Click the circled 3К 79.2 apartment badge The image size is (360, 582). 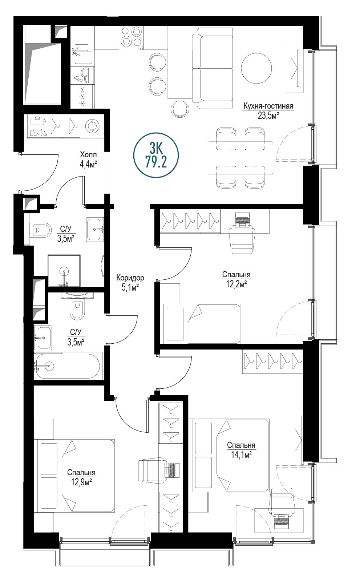point(156,155)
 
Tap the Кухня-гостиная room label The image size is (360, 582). point(268,106)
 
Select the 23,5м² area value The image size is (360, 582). point(268,116)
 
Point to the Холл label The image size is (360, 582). point(88,155)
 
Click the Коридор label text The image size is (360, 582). point(130,278)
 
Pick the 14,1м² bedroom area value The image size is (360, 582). point(241,455)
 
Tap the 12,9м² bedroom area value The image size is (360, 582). point(82,482)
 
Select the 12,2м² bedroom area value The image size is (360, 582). point(236,284)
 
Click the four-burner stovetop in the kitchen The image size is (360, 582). point(131,38)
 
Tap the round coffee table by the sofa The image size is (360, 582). point(256,68)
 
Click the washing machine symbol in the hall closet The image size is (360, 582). point(92,126)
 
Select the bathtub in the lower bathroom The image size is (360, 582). point(68,366)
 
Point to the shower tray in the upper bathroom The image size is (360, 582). point(64,271)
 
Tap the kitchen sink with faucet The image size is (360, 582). point(83,54)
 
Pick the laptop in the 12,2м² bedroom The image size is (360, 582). point(242,219)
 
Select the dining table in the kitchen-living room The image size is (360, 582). point(240,158)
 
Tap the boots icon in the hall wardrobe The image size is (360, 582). point(39,132)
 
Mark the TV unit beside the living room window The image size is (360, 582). point(294,68)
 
